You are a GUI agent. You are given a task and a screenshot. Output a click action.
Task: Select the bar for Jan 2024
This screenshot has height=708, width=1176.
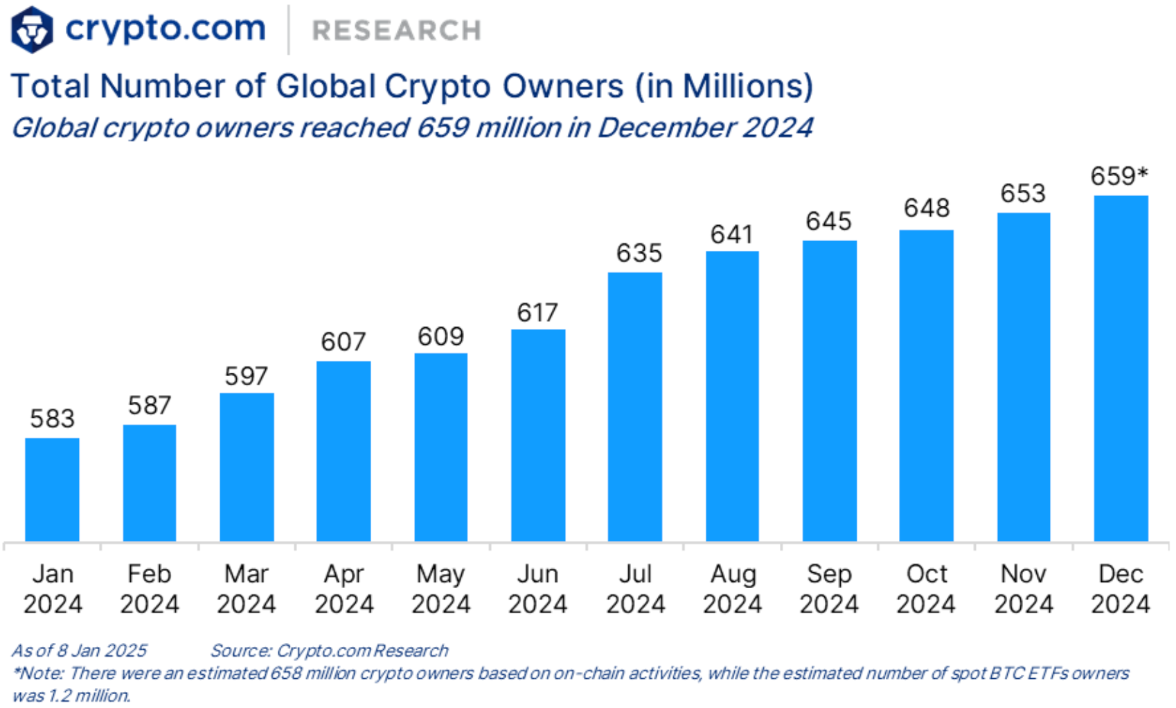tap(52, 489)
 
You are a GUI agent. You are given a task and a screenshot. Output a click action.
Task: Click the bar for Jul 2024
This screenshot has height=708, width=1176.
tap(634, 407)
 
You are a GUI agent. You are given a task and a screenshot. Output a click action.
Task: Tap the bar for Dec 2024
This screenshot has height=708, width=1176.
tap(1121, 368)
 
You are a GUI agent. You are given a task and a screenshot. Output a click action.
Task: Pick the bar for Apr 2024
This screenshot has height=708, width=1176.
tap(344, 451)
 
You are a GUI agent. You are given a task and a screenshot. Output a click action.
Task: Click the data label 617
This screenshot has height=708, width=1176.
tap(537, 312)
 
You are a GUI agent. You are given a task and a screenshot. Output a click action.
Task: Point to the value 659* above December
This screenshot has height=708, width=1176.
tap(1118, 176)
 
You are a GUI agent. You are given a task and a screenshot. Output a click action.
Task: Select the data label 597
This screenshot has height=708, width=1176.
tap(246, 376)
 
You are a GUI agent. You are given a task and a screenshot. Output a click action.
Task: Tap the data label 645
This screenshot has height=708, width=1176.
tap(828, 222)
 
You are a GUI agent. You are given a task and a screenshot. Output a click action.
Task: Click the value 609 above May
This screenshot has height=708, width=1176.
tap(440, 337)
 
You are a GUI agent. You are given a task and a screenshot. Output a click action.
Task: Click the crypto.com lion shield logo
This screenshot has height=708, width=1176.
tap(32, 30)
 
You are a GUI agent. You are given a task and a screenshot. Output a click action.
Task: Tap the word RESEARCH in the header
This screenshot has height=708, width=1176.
tap(396, 30)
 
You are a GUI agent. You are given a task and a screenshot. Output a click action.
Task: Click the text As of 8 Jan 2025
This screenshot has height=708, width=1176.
tap(79, 651)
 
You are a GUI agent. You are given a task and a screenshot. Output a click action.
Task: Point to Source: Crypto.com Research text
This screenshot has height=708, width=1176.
tap(329, 651)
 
